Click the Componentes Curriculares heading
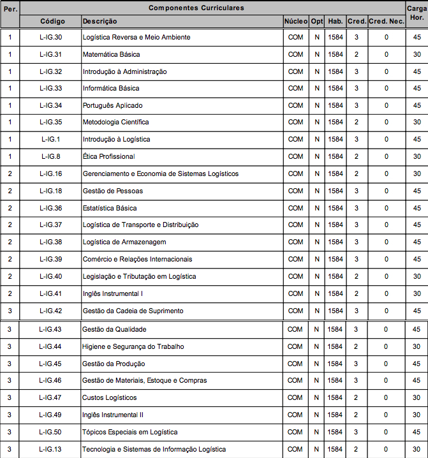coord(196,8)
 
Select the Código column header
coord(52,21)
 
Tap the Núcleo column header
coord(295,21)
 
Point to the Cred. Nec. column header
coord(386,21)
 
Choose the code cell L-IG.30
coord(51,37)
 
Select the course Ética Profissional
coord(108,156)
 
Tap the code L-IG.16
coord(51,174)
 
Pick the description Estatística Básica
coord(109,208)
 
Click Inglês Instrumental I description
coord(112,293)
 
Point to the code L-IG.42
coord(51,311)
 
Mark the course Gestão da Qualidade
coord(114,329)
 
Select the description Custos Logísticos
coord(109,397)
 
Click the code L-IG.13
coord(50,449)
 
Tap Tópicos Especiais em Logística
coord(129,432)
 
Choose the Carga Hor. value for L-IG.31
coord(417,54)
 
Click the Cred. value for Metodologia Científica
coord(356,122)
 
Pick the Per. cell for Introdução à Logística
coord(10,139)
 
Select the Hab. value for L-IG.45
coord(335,364)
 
